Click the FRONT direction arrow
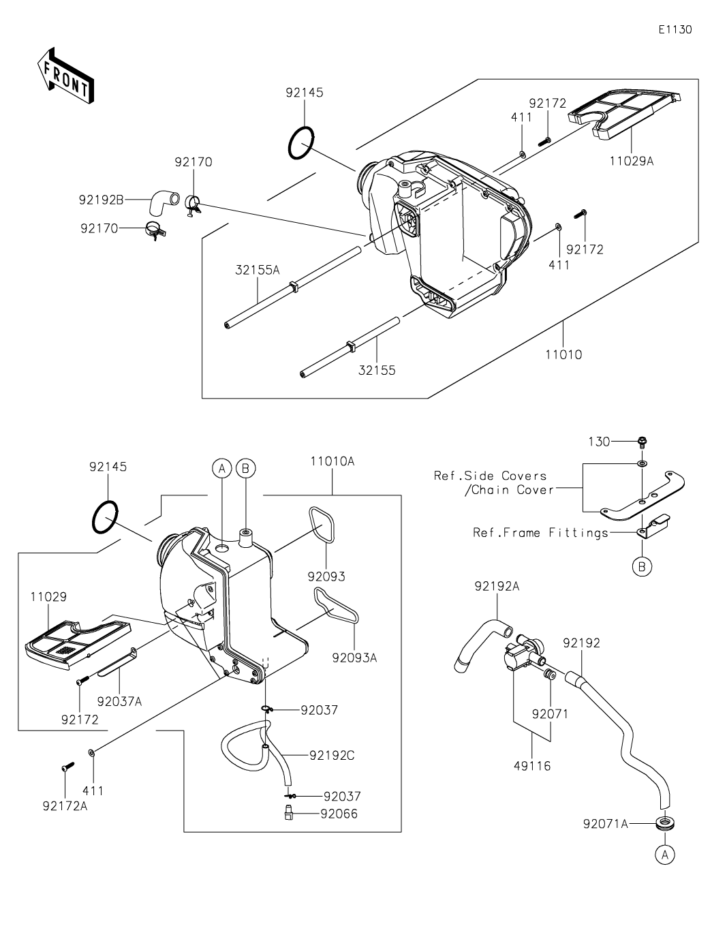click(65, 76)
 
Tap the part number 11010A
click(332, 461)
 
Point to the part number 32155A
click(258, 270)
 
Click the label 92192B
click(101, 200)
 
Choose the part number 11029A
click(631, 161)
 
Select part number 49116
click(532, 766)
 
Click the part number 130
click(600, 442)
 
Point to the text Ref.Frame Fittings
click(540, 533)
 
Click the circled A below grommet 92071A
click(664, 854)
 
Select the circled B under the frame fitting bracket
click(642, 566)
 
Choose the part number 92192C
click(332, 755)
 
